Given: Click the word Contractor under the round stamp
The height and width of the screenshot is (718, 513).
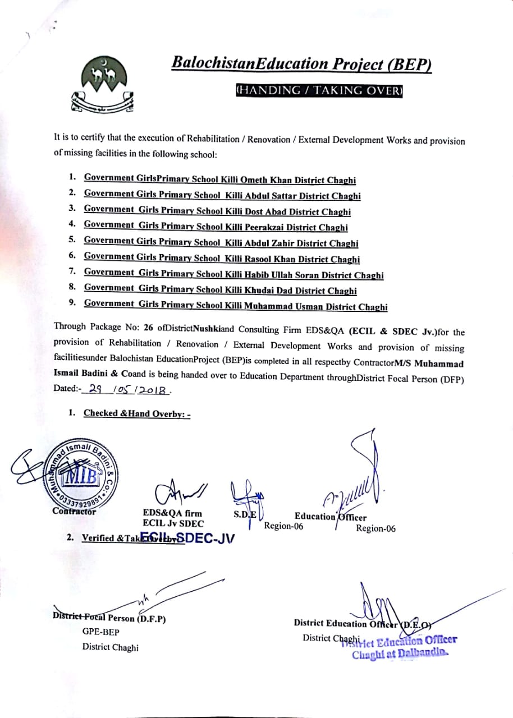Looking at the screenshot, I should pyautogui.click(x=74, y=511).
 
